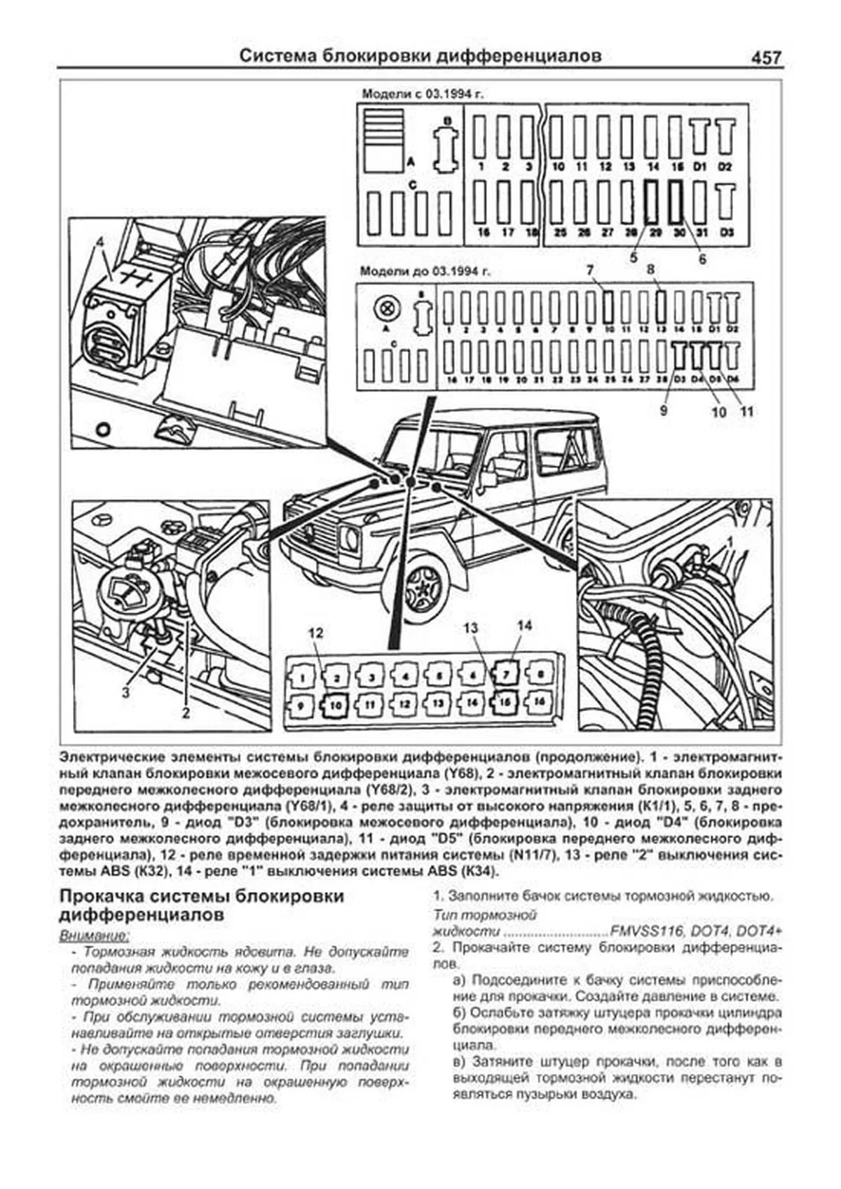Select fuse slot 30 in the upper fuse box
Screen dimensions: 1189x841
pos(676,202)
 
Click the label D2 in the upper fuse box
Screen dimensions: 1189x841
pos(725,167)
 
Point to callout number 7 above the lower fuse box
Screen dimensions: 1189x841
pos(590,270)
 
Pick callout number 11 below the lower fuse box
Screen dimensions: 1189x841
pos(747,411)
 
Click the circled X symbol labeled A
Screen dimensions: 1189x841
pos(384,309)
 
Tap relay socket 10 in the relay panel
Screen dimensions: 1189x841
pos(335,705)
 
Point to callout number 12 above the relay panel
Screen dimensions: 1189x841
pos(316,633)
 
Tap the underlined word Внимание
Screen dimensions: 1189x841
pos(95,935)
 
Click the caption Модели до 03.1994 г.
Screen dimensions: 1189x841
pos(416,271)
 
